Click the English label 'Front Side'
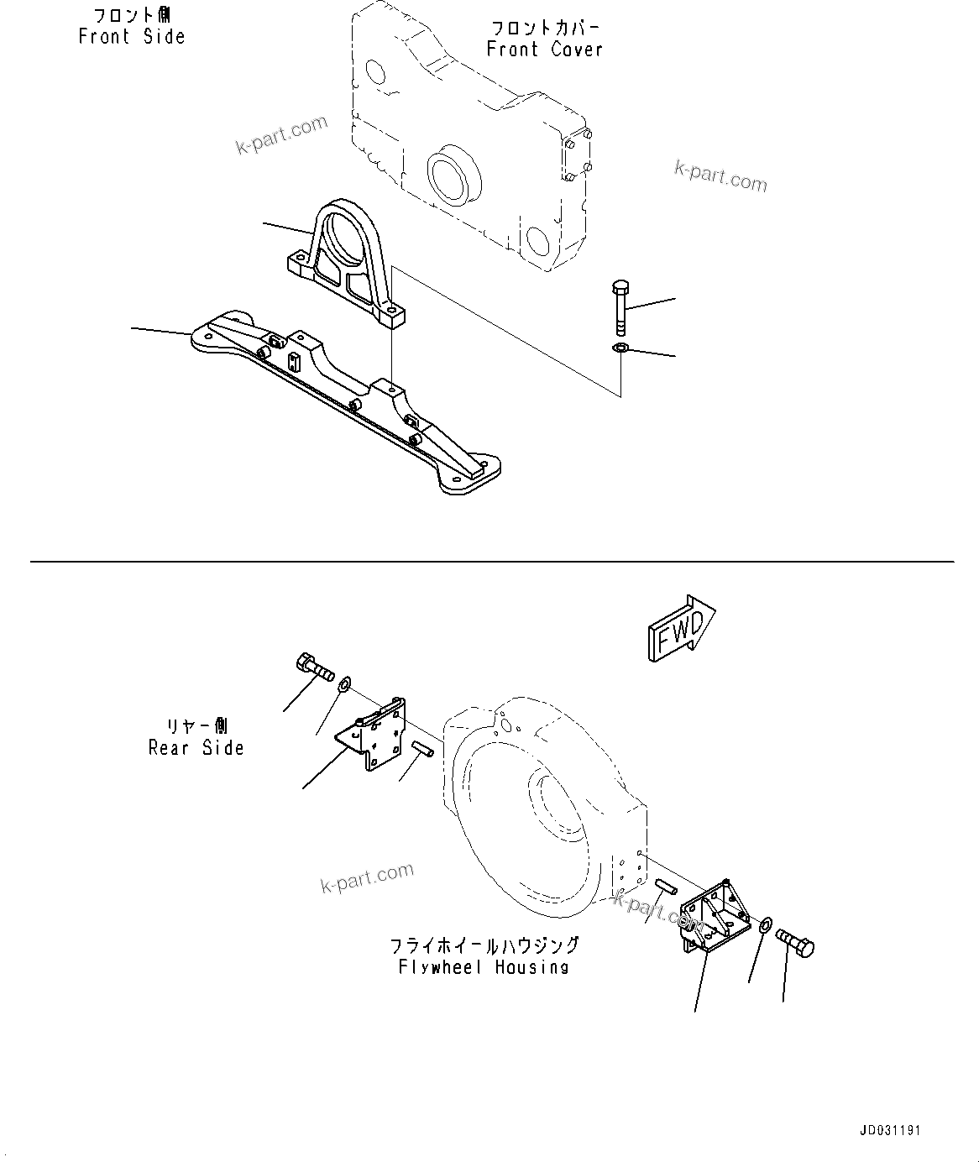coord(132,37)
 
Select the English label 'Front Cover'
coord(545,50)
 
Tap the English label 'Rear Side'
coord(196,748)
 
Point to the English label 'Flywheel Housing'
coord(484,967)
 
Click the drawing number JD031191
coord(889,1130)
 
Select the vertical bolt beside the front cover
coord(620,307)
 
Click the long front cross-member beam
coord(344,395)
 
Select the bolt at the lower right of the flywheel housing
coord(795,943)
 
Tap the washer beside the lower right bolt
coord(765,926)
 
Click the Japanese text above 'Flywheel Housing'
coord(484,946)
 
